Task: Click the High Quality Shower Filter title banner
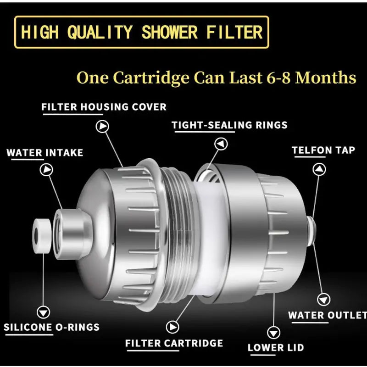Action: [x=141, y=32]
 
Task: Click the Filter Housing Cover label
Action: [x=104, y=107]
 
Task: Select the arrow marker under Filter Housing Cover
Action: [x=102, y=126]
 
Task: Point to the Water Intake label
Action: [x=45, y=153]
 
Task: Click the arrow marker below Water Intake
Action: [x=47, y=170]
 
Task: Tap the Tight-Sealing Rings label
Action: [x=229, y=125]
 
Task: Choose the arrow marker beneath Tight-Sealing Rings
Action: [x=222, y=144]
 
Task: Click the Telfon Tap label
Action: [x=323, y=150]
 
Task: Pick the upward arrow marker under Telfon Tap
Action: [x=319, y=169]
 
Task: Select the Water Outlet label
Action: [x=327, y=316]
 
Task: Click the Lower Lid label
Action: [x=276, y=348]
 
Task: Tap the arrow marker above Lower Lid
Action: [x=274, y=331]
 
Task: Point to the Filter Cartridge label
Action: [x=174, y=343]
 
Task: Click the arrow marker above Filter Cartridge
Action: [x=172, y=327]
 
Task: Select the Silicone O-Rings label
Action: [x=52, y=328]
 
